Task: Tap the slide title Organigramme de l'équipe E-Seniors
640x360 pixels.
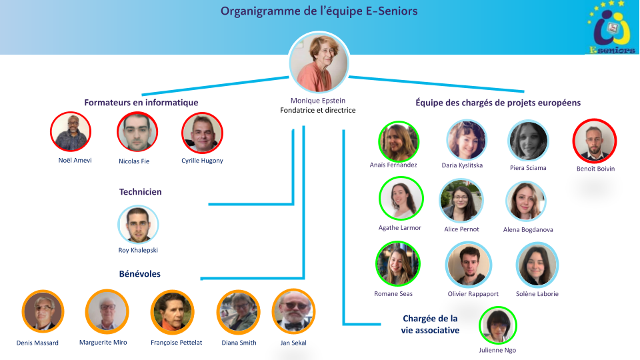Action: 319,11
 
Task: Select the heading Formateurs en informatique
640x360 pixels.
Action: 141,103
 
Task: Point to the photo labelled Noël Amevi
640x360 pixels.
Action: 71,131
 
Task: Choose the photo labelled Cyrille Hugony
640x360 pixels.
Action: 202,133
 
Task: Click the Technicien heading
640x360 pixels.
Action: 141,192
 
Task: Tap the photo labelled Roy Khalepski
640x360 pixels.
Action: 139,224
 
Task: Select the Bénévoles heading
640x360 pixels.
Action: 140,274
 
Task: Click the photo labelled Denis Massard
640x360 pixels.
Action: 43,311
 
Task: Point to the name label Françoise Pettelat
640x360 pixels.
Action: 172,343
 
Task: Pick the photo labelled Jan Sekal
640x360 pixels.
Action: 293,311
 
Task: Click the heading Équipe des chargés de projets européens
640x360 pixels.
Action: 498,103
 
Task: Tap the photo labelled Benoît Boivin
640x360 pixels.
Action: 594,141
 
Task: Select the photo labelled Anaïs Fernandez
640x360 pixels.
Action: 399,141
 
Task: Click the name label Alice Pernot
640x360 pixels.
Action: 461,229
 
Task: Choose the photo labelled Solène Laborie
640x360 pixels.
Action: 537,265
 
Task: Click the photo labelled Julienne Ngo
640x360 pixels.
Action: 498,326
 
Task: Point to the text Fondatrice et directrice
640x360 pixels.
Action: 318,111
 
